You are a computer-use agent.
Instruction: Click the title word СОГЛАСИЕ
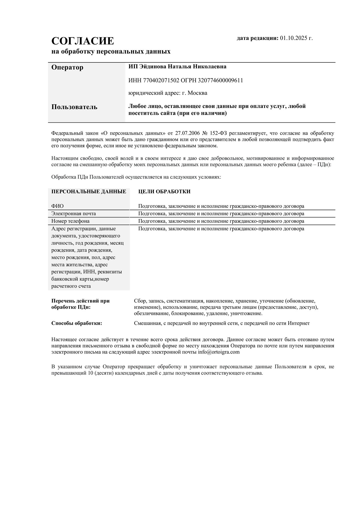click(x=82, y=41)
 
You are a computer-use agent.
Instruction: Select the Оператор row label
click(x=67, y=67)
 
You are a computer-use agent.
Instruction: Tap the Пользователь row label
click(x=74, y=107)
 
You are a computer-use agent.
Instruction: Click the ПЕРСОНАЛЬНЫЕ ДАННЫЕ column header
click(x=88, y=192)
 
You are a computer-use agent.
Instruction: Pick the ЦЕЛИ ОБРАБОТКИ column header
click(x=164, y=192)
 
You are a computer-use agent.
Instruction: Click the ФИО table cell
click(x=57, y=206)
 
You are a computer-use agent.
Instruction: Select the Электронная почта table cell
click(x=73, y=214)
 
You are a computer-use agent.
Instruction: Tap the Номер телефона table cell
click(x=70, y=221)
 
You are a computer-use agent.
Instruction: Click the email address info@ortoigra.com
click(x=219, y=352)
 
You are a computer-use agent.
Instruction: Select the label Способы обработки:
click(x=76, y=323)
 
